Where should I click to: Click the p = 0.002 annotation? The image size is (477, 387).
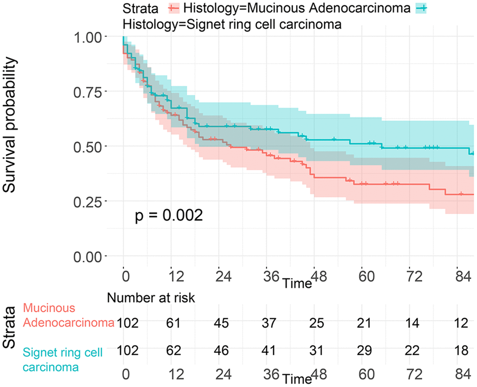point(169,215)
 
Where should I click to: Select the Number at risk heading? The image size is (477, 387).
point(151,297)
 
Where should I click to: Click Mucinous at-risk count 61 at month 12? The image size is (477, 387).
point(172,324)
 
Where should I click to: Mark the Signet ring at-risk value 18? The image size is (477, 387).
point(461,349)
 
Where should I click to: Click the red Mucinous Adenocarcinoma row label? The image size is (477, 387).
point(69,315)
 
